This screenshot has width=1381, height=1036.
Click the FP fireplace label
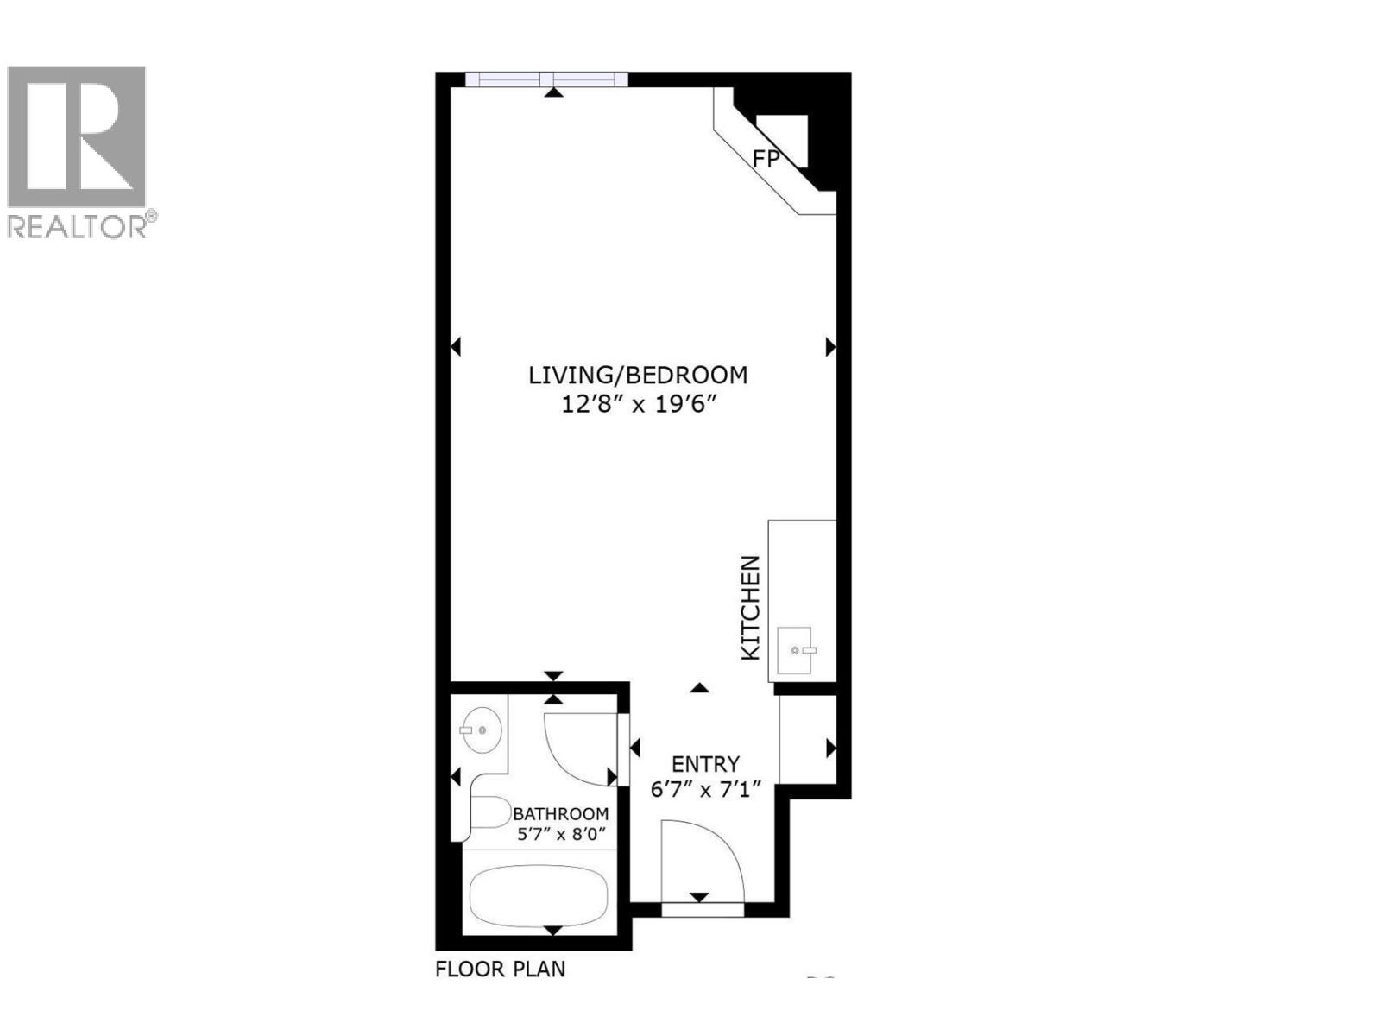pyautogui.click(x=766, y=159)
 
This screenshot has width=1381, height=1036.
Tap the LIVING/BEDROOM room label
pyautogui.click(x=638, y=376)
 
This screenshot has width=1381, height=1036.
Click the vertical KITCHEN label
pyautogui.click(x=752, y=608)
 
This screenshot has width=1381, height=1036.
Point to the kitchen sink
pyautogui.click(x=795, y=650)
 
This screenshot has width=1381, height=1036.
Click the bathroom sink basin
pyautogui.click(x=481, y=730)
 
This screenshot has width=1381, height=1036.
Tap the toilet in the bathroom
pyautogui.click(x=489, y=812)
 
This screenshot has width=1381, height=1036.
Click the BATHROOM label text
pyautogui.click(x=561, y=814)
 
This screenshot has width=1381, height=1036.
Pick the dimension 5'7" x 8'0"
pyautogui.click(x=561, y=835)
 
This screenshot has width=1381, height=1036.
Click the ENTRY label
pyautogui.click(x=705, y=764)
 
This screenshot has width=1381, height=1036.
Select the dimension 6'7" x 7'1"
pyautogui.click(x=705, y=790)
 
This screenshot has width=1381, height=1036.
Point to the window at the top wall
pyautogui.click(x=546, y=79)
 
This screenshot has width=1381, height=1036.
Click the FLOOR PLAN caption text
pyautogui.click(x=501, y=970)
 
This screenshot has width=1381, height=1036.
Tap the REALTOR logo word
pyautogui.click(x=78, y=226)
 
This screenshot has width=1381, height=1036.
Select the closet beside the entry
pyautogui.click(x=808, y=740)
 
